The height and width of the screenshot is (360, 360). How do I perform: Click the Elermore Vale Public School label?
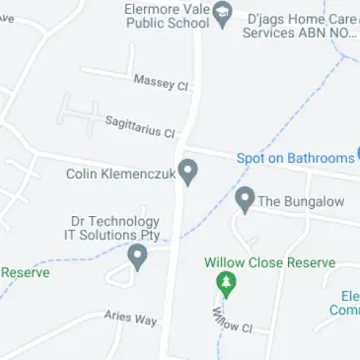click(167, 15)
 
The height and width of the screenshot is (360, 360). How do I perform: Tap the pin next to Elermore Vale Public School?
click(223, 14)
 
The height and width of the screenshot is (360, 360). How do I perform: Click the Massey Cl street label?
click(160, 82)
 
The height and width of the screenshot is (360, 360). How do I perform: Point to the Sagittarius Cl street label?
click(139, 125)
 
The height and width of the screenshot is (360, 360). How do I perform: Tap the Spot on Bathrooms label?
click(295, 158)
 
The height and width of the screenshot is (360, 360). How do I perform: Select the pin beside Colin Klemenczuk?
click(186, 172)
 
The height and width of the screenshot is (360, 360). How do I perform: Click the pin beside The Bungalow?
click(245, 200)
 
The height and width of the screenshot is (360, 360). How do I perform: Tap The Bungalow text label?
click(301, 201)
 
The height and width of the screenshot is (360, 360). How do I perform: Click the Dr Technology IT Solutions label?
click(111, 228)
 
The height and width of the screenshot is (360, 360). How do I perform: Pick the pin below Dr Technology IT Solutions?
click(138, 257)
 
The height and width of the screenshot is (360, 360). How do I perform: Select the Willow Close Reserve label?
click(269, 263)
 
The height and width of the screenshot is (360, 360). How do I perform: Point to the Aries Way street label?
click(130, 318)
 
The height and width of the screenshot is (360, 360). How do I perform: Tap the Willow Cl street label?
click(233, 320)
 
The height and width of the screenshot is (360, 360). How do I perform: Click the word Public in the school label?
click(148, 23)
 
